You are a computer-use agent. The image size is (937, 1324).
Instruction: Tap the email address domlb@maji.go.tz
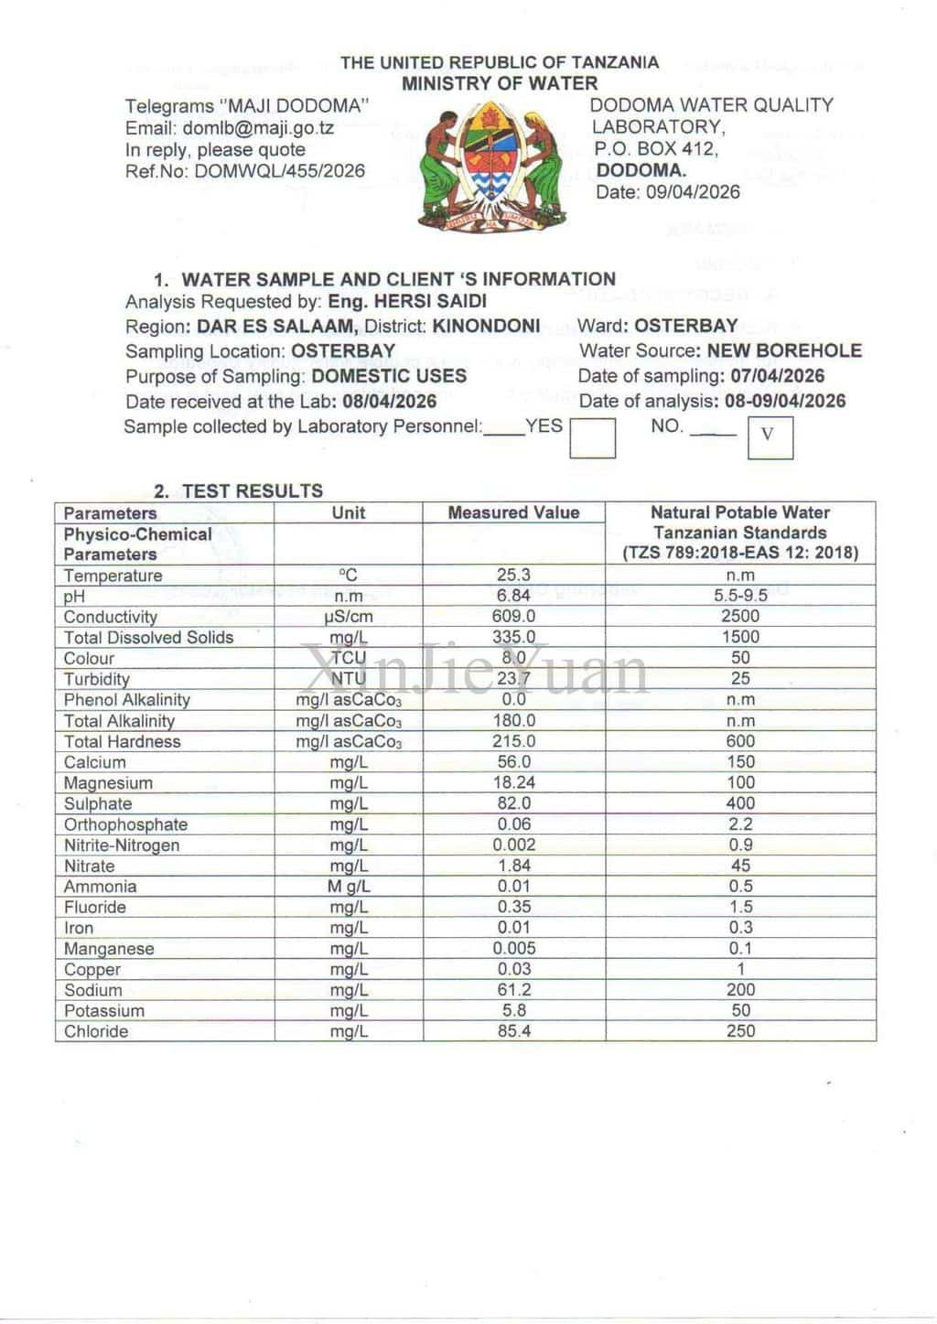click(258, 128)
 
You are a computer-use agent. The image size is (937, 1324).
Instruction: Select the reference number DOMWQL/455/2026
click(280, 171)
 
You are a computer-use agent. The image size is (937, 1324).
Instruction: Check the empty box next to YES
click(593, 437)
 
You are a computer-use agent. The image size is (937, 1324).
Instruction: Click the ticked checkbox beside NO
click(770, 436)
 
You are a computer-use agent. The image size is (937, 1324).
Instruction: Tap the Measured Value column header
click(513, 513)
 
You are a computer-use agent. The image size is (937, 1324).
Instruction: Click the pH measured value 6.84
click(513, 596)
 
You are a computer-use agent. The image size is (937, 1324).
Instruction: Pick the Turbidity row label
click(97, 679)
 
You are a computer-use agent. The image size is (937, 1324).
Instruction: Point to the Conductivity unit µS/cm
click(349, 617)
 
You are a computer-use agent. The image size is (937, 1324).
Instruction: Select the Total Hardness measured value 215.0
click(513, 741)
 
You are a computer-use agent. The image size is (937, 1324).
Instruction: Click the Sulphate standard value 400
click(740, 803)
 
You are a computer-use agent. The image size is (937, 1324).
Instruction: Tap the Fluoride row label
click(95, 908)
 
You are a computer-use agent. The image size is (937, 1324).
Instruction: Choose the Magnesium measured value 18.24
click(513, 783)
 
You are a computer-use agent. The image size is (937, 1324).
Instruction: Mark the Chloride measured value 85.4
click(513, 1031)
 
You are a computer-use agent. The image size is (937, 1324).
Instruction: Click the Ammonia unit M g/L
click(349, 887)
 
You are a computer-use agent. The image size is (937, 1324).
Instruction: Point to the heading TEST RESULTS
click(252, 491)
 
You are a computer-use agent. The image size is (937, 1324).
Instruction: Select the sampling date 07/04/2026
click(777, 376)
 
